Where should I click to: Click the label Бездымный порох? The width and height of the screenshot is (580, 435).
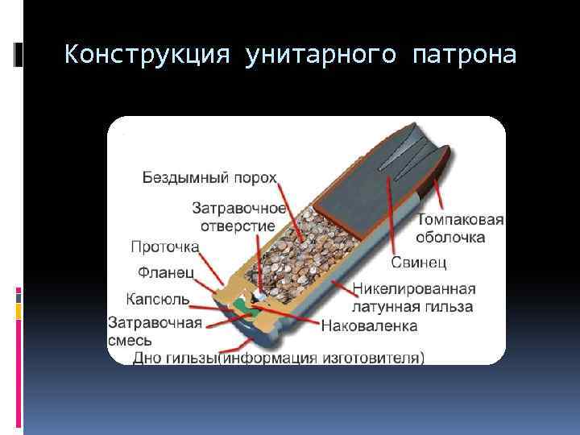coord(209,177)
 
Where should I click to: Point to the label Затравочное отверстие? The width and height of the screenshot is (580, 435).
coord(233,217)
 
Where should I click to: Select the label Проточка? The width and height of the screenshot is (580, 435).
coord(164,246)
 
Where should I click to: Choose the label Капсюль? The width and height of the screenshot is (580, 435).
coord(158,299)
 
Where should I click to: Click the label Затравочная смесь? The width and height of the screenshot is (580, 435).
coord(154,331)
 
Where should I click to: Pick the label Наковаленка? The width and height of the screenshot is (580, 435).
coord(369,326)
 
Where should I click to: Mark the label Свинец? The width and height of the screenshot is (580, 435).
coord(419,263)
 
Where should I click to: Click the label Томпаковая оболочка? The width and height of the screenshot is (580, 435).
coord(460,229)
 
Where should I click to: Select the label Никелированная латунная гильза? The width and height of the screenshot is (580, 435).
coord(413,297)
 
